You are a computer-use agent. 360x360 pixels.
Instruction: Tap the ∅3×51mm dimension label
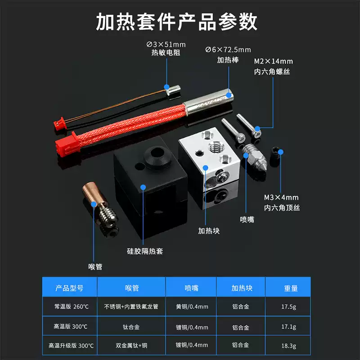(x=166, y=45)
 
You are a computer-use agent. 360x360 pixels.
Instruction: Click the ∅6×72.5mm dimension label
(x=228, y=49)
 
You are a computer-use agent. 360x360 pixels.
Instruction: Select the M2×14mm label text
(x=273, y=61)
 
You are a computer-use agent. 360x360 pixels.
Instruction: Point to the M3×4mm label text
(x=281, y=198)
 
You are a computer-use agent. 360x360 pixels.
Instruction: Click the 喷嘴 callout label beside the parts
(x=247, y=219)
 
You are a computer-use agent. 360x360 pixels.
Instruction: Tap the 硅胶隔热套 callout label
(x=144, y=251)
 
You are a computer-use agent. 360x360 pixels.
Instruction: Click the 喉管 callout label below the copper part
(x=95, y=266)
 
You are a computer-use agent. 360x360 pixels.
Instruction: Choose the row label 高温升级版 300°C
(x=71, y=346)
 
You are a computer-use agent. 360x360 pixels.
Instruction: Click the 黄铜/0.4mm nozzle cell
(x=192, y=307)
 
